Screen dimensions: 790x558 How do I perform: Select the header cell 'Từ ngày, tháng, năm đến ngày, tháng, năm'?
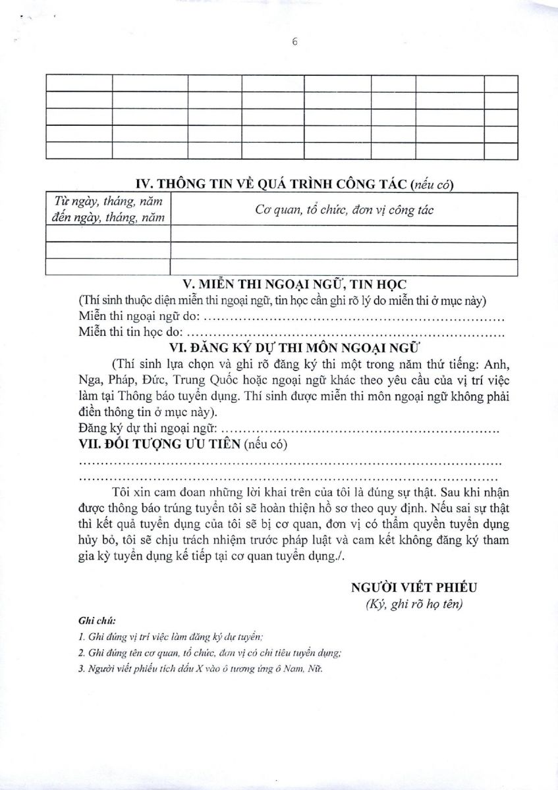click(108, 209)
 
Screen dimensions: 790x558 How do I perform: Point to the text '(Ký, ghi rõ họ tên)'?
click(414, 605)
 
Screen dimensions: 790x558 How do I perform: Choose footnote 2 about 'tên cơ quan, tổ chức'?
click(209, 653)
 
